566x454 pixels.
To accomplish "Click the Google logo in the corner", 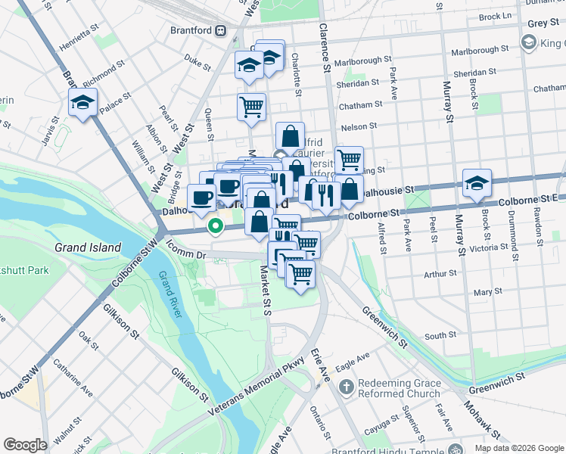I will pos(25,444).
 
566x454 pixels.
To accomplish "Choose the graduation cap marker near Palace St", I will pos(83,102).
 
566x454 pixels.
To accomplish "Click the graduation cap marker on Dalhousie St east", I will pos(477,183).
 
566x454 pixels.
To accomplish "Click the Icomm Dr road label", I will pos(185,250).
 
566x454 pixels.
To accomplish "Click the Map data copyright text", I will pos(518,448).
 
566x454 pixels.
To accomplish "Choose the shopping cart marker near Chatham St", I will pos(251,105).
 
